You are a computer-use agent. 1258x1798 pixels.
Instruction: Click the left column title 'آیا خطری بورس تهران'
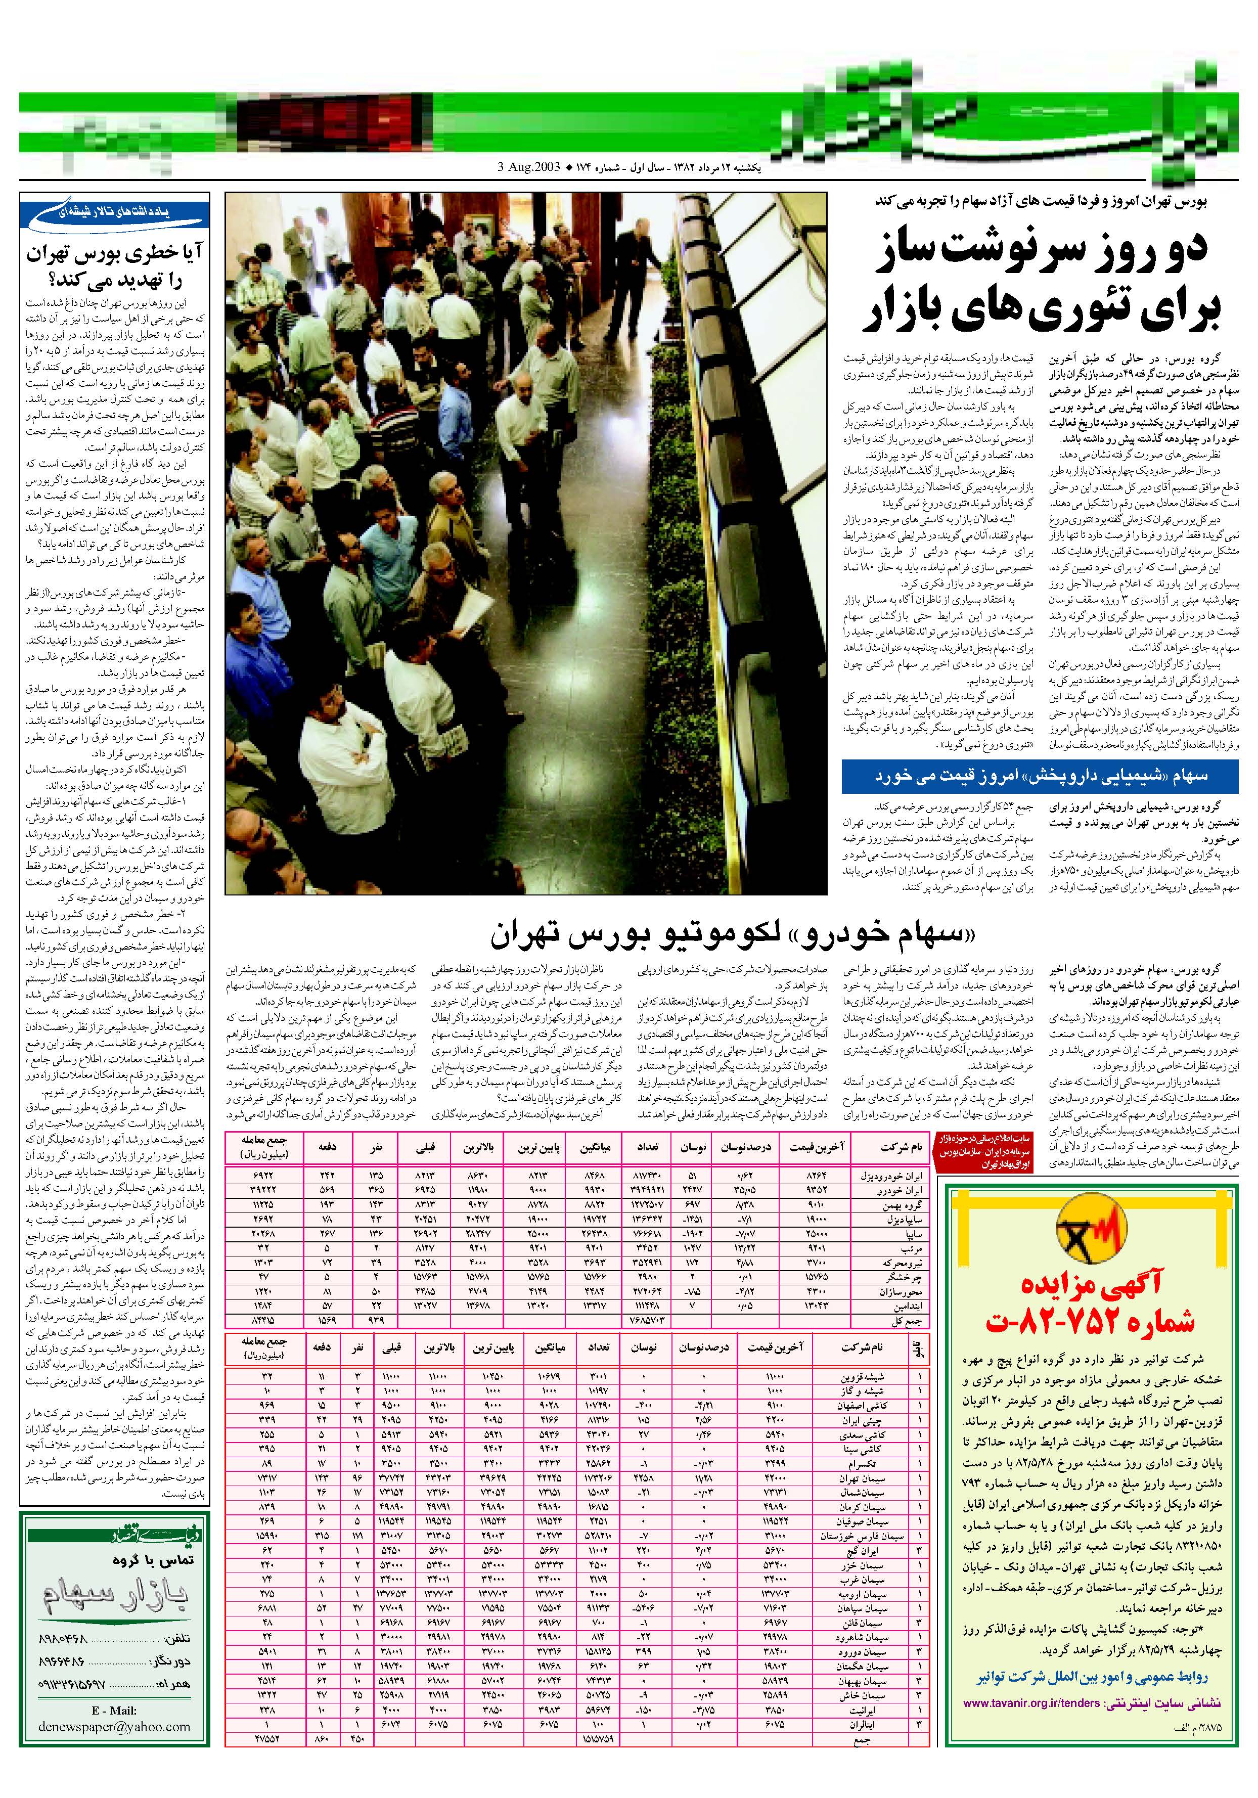[115, 254]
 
